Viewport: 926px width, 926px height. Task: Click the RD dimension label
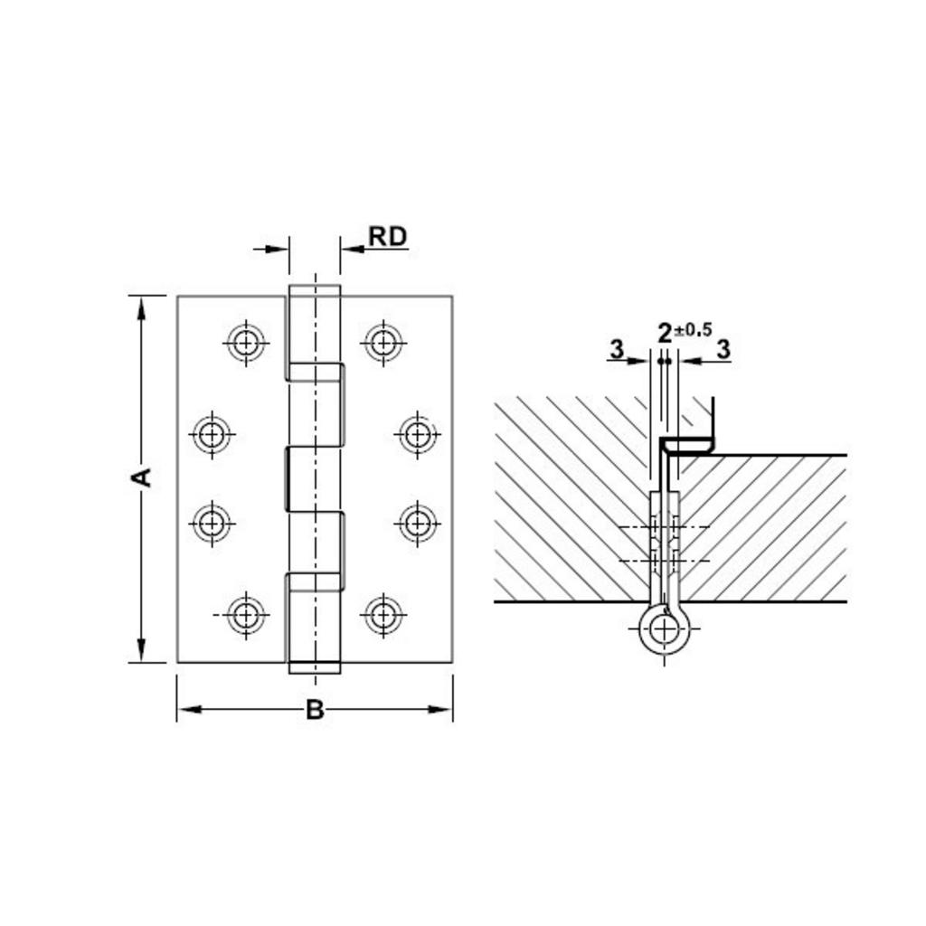(x=388, y=237)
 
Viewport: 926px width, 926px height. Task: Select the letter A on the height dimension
(x=141, y=477)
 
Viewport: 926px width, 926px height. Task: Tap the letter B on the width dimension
(x=314, y=710)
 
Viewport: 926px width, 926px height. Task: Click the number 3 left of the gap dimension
(x=617, y=349)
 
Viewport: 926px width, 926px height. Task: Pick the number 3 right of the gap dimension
(x=723, y=349)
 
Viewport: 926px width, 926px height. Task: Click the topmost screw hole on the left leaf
(x=245, y=343)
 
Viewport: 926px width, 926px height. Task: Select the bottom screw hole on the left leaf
(x=245, y=615)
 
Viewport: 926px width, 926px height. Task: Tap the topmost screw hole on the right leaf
(x=383, y=343)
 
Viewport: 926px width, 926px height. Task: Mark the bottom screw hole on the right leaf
(x=383, y=615)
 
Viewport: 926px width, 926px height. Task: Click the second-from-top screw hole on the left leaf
(x=212, y=435)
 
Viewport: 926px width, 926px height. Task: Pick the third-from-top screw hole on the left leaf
(x=212, y=523)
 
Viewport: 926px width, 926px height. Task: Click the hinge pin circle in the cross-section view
(x=665, y=628)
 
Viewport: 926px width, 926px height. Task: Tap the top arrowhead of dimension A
(x=141, y=307)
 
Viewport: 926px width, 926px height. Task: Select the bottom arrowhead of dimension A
(x=141, y=650)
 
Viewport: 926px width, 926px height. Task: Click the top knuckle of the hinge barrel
(x=315, y=326)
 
